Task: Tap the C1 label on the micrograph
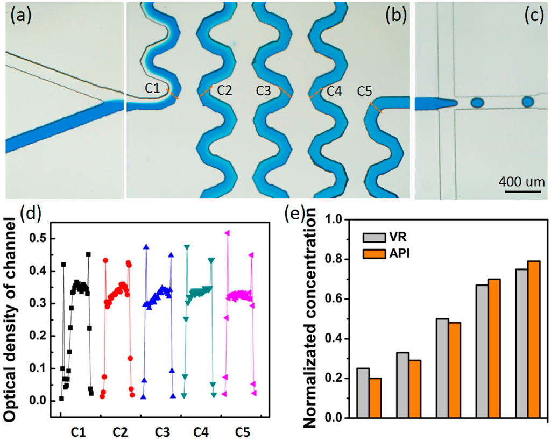click(152, 88)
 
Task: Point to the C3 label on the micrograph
click(264, 90)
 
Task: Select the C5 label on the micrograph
click(365, 91)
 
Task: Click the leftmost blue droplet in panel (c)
click(477, 102)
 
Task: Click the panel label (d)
click(30, 215)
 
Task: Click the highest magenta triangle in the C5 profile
click(227, 233)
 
